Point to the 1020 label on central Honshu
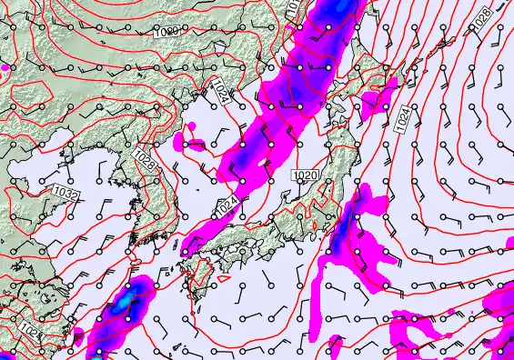point(307,175)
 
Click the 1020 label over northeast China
point(166,32)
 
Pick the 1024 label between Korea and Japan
point(227,206)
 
